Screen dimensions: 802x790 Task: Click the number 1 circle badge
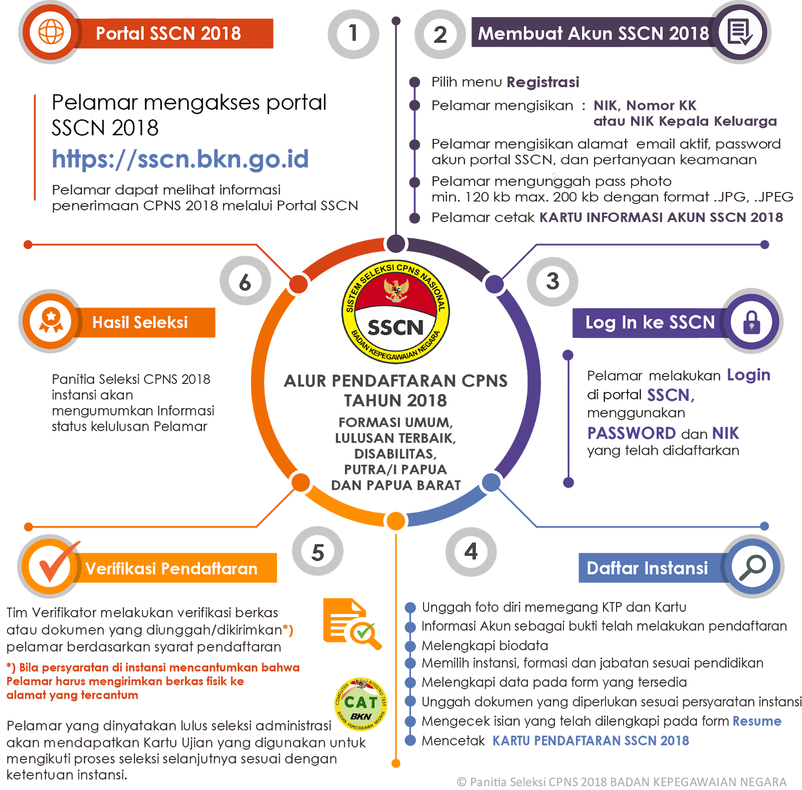coord(353,34)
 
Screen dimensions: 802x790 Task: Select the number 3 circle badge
coord(552,281)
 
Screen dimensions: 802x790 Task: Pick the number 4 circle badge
coord(471,552)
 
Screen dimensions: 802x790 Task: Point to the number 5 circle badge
coord(318,552)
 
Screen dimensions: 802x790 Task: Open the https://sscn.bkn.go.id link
coord(180,159)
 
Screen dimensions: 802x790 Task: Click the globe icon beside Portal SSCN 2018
coord(51,33)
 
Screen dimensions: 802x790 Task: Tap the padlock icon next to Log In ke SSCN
coord(751,322)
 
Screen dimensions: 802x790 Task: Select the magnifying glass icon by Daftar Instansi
coord(752,567)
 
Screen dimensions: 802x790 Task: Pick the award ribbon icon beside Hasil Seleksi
coord(51,321)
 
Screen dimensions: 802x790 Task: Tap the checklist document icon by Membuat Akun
coord(740,33)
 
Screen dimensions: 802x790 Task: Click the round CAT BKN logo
coord(361,704)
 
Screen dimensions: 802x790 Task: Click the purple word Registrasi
coord(543,82)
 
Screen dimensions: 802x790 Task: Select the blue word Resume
coord(757,721)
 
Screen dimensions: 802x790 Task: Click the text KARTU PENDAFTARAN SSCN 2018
coord(590,740)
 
